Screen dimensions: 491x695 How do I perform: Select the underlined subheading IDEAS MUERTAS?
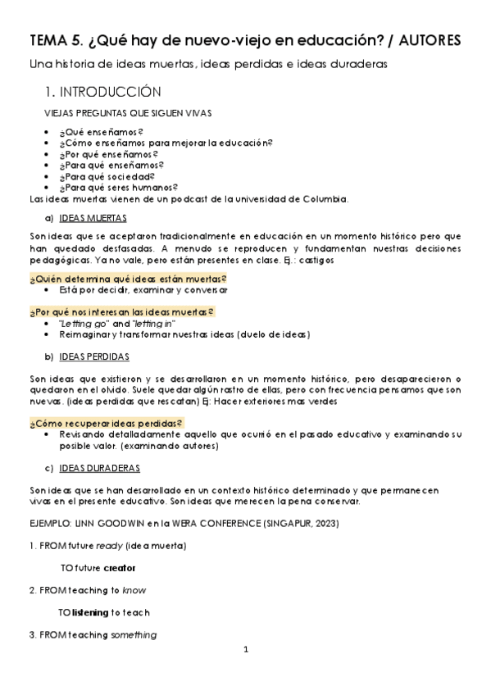(x=93, y=219)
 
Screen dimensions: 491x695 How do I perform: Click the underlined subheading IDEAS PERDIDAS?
(x=93, y=357)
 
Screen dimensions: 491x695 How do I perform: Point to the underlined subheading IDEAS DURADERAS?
(x=99, y=468)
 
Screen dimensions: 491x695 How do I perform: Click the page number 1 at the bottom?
(x=245, y=650)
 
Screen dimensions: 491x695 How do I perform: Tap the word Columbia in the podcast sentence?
(x=325, y=198)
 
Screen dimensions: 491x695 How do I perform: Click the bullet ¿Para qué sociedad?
(x=107, y=176)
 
